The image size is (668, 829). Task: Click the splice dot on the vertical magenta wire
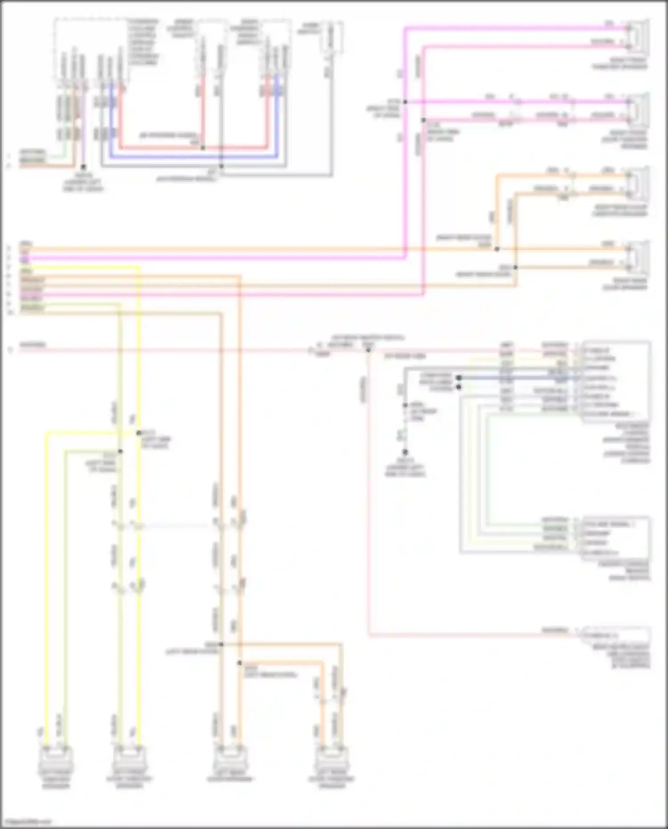coord(405,102)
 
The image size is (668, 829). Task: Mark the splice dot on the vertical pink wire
coord(424,120)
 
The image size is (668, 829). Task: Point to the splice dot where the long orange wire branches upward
coord(497,249)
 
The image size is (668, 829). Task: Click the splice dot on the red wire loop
coord(203,148)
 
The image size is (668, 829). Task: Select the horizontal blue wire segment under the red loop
coord(191,157)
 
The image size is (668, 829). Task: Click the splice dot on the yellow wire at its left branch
coord(138,433)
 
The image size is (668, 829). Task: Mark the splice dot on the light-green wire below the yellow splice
coord(120,451)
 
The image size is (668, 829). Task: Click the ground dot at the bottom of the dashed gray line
coord(405,452)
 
